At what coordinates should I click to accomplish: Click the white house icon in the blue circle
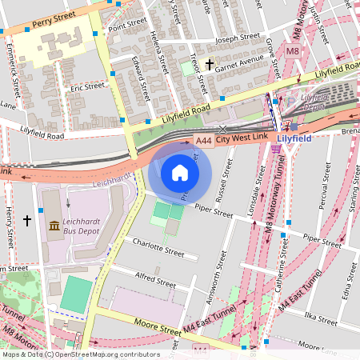(x=180, y=173)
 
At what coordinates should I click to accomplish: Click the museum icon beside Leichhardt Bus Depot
(x=54, y=226)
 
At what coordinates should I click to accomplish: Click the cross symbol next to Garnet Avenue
(x=210, y=64)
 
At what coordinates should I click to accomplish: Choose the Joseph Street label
(x=238, y=37)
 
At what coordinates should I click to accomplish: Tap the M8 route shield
(x=292, y=51)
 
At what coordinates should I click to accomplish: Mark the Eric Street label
(x=87, y=86)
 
